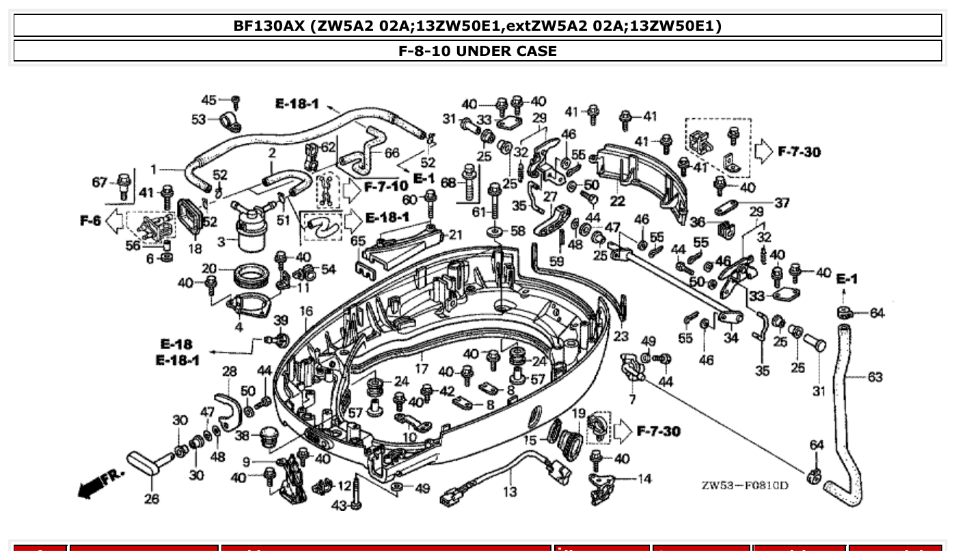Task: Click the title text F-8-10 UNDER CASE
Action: [x=478, y=51]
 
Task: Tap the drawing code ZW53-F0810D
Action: [x=744, y=486]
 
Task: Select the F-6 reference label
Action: [x=91, y=221]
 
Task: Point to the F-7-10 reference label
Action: [x=385, y=186]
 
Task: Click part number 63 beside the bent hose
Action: [x=875, y=377]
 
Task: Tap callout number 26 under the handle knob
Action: [x=151, y=499]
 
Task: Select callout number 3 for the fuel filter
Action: [x=221, y=241]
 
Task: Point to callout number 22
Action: [x=617, y=201]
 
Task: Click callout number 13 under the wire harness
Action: [x=510, y=491]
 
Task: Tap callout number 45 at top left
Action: [x=208, y=100]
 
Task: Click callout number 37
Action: [x=782, y=203]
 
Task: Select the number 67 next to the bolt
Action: [x=100, y=182]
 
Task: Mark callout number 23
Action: [x=620, y=336]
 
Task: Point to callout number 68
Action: [x=448, y=183]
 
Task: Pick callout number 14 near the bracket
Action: [x=644, y=479]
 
